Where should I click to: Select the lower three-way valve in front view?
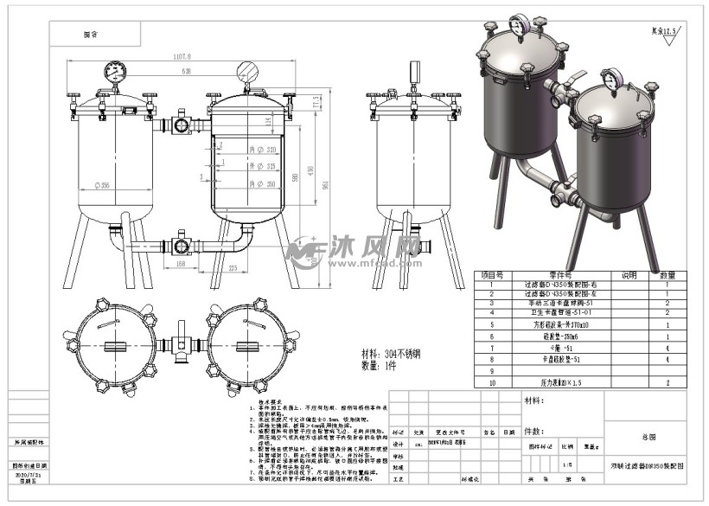[182, 241]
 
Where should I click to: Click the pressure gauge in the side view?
[412, 69]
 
